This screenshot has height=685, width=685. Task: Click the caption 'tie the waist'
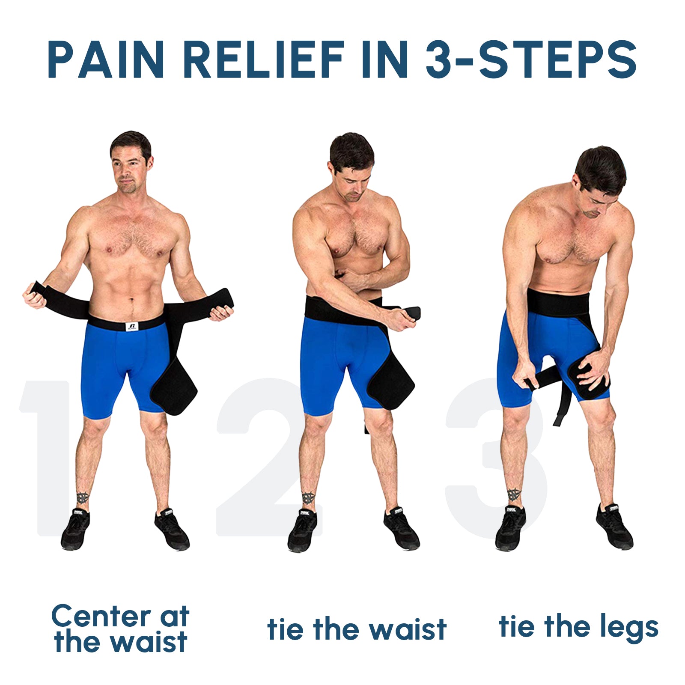pyautogui.click(x=357, y=630)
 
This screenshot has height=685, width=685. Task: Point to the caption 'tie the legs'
pyautogui.click(x=578, y=627)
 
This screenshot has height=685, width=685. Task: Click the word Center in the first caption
pyautogui.click(x=101, y=616)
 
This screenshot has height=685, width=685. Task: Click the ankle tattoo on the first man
pyautogui.click(x=83, y=498)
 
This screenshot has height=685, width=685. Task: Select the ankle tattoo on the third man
pyautogui.click(x=514, y=495)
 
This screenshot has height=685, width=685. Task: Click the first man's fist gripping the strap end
pyautogui.click(x=34, y=295)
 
